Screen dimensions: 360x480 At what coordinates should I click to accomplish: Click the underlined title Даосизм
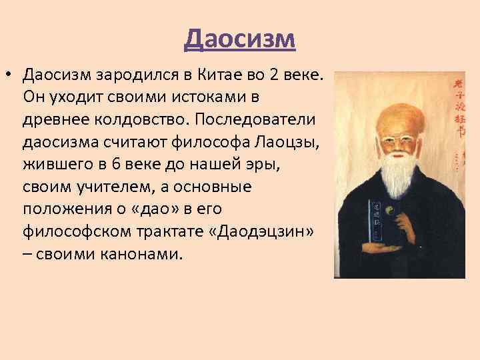[239, 39]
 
